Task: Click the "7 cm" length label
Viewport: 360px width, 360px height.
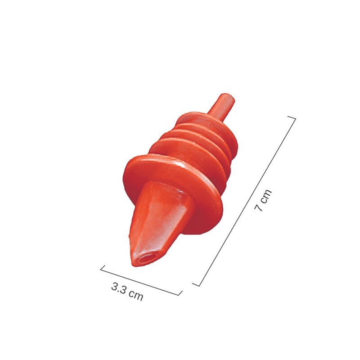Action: coord(263,201)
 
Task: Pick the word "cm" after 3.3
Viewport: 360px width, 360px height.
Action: coord(135,296)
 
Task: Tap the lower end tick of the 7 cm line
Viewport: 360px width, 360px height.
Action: coord(196,284)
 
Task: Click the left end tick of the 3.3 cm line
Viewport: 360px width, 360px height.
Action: coord(102,268)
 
